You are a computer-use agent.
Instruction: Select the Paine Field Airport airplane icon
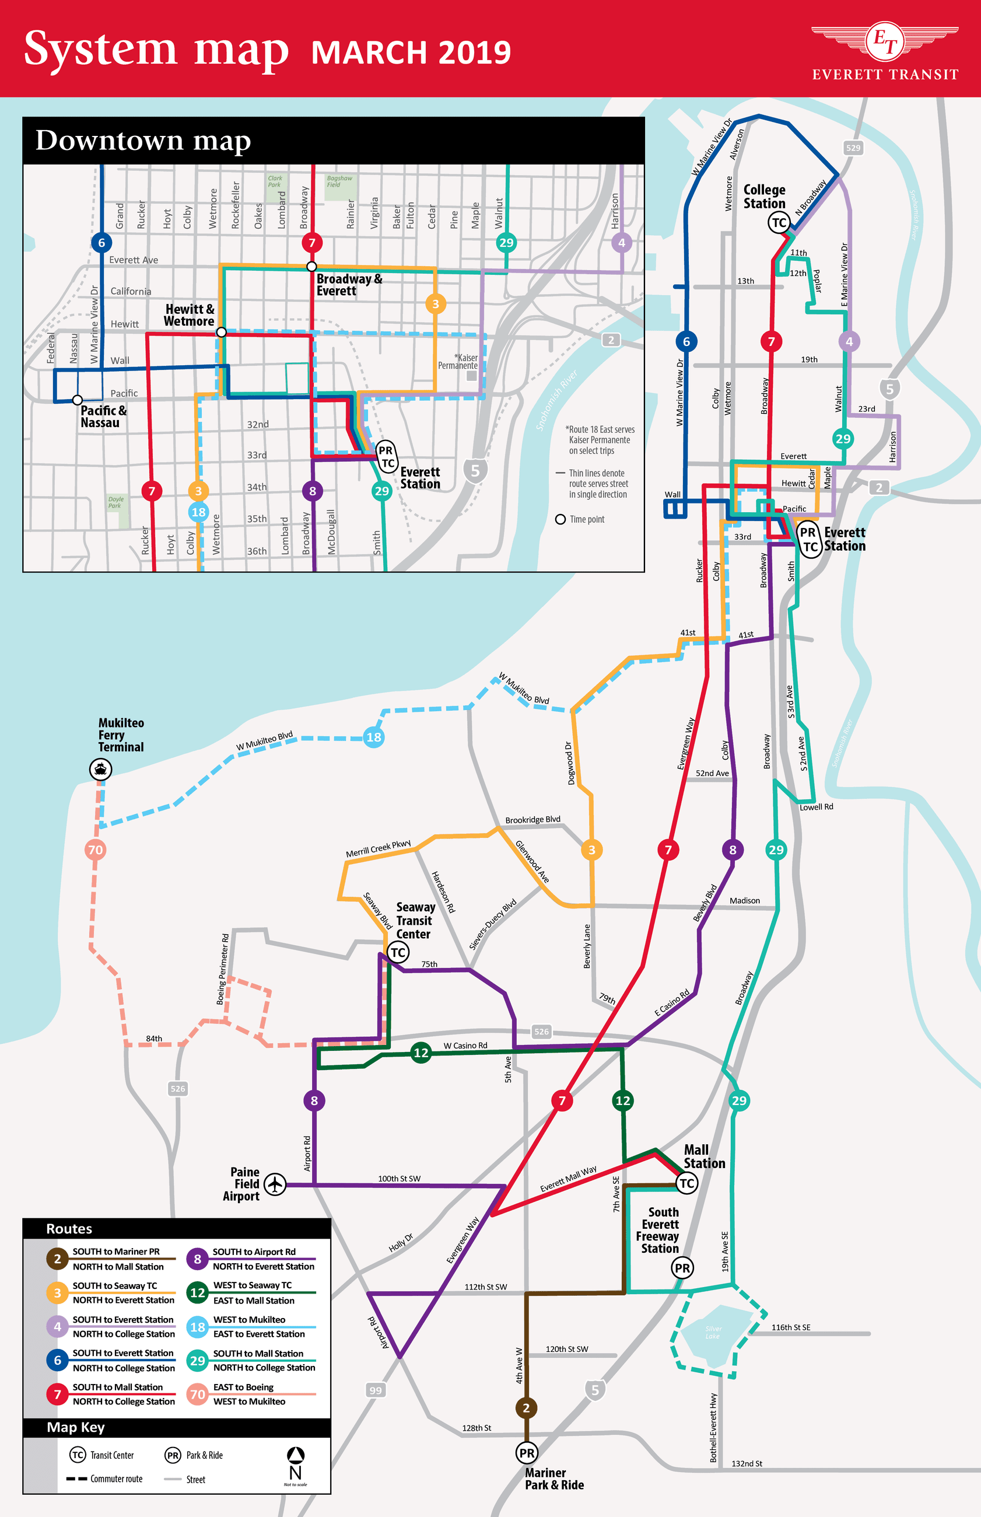click(x=275, y=1184)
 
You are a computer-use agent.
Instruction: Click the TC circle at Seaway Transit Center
click(x=398, y=953)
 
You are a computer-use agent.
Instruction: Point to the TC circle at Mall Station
click(x=686, y=1184)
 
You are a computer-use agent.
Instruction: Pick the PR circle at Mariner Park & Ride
click(x=526, y=1453)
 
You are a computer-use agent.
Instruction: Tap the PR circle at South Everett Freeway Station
click(x=682, y=1268)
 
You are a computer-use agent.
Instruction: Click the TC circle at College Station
click(x=779, y=222)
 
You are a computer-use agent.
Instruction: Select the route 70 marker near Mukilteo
click(x=95, y=850)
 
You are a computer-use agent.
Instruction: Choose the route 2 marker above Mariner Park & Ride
click(x=526, y=1408)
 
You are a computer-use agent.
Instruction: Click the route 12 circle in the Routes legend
click(x=198, y=1293)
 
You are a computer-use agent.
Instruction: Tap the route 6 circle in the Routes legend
click(x=57, y=1360)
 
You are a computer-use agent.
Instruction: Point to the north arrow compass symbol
click(x=296, y=1463)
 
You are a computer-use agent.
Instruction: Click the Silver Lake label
click(x=713, y=1332)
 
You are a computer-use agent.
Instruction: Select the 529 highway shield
click(x=853, y=148)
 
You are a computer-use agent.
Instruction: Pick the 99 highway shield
click(x=375, y=1390)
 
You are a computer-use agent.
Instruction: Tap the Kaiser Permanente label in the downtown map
click(x=458, y=361)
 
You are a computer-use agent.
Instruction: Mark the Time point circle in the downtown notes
click(x=560, y=519)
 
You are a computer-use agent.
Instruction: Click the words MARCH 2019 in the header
click(x=411, y=53)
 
